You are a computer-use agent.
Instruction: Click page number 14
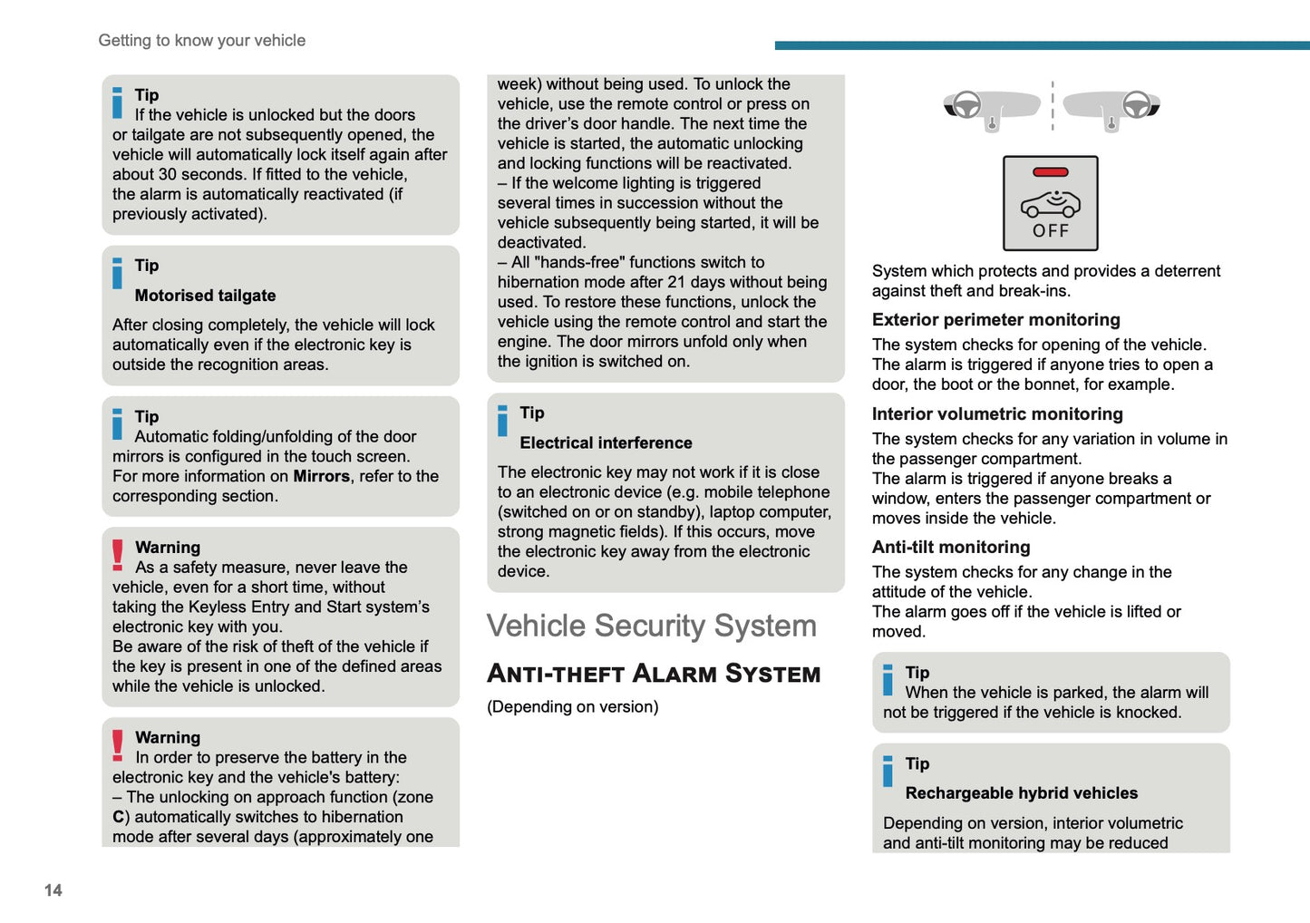53,890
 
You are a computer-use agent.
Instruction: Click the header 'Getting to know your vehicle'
201,41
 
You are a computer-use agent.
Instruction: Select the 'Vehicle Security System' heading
651,626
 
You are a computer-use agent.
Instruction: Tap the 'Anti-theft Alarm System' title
654,674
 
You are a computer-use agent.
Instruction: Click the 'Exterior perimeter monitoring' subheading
995,320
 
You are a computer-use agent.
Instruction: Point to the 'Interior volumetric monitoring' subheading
997,414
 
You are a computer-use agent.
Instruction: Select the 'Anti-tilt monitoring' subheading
951,548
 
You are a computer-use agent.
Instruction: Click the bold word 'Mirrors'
321,477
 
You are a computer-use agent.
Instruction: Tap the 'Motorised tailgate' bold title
205,296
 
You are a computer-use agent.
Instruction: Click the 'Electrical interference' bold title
606,443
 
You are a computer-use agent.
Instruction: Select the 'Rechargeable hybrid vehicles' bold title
1021,793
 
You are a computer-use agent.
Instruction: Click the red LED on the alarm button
1050,172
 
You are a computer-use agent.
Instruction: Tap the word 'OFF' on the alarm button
1051,231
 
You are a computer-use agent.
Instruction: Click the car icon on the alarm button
1050,204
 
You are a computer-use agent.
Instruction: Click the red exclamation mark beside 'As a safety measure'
118,555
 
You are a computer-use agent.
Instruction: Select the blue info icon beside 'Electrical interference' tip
503,421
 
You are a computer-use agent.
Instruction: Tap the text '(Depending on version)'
572,707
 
